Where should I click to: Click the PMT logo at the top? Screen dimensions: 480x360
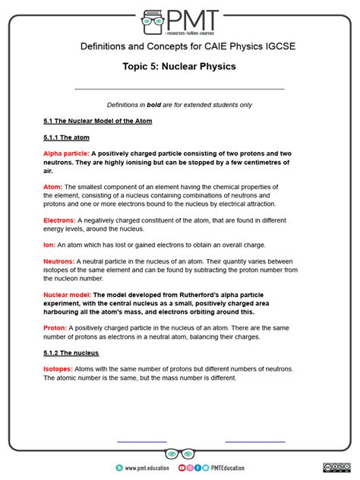coord(179,21)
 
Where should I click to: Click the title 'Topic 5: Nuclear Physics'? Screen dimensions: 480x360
coord(179,67)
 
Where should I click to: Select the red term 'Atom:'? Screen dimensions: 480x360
coord(52,187)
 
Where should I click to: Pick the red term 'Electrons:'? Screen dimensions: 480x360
coord(58,219)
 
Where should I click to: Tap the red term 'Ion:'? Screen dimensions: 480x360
coord(49,245)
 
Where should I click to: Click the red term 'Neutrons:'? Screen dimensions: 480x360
coord(58,261)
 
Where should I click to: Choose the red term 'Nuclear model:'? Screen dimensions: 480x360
coord(67,295)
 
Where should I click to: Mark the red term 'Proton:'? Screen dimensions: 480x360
coord(55,327)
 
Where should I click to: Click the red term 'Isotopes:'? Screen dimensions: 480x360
coord(58,369)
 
